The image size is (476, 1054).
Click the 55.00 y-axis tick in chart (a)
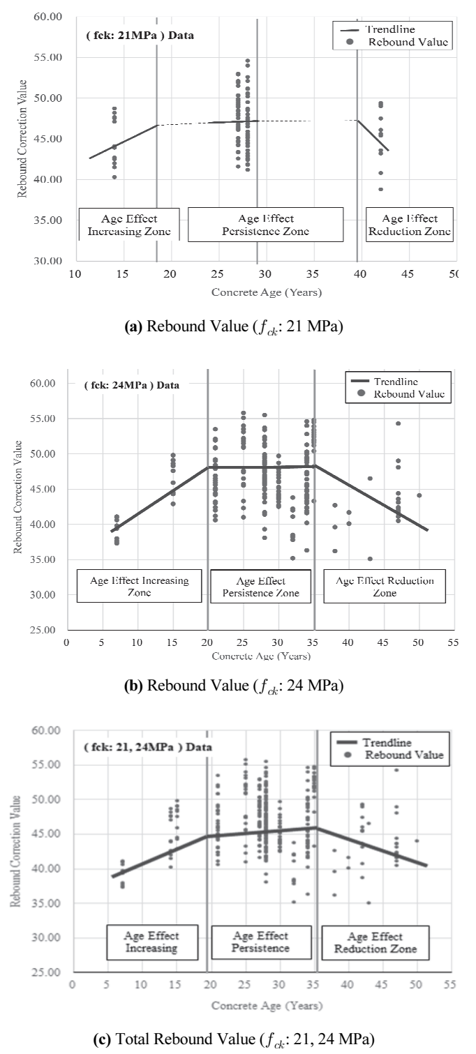[47, 57]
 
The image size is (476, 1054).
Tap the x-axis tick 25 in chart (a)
[217, 274]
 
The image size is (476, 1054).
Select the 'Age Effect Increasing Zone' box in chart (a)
[129, 225]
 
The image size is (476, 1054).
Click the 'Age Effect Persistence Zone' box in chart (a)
[265, 225]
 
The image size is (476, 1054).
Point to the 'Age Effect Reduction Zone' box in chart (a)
[410, 225]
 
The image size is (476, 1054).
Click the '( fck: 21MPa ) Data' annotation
[140, 36]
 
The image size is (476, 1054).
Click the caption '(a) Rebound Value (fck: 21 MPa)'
[234, 326]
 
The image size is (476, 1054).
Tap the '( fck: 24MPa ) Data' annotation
[132, 385]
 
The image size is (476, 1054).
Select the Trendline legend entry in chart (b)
[385, 381]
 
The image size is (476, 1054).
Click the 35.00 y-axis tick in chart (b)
[43, 559]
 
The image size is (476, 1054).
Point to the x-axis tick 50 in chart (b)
[418, 642]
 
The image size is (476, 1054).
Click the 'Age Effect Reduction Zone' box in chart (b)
[385, 586]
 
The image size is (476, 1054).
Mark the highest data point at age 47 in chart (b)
[398, 423]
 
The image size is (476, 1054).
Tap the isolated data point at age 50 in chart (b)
[419, 495]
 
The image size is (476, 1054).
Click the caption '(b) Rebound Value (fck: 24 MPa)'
[234, 686]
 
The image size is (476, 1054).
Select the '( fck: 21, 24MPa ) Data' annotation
[148, 747]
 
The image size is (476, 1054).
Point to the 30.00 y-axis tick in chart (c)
[46, 938]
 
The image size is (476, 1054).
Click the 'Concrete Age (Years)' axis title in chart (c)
[267, 1006]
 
